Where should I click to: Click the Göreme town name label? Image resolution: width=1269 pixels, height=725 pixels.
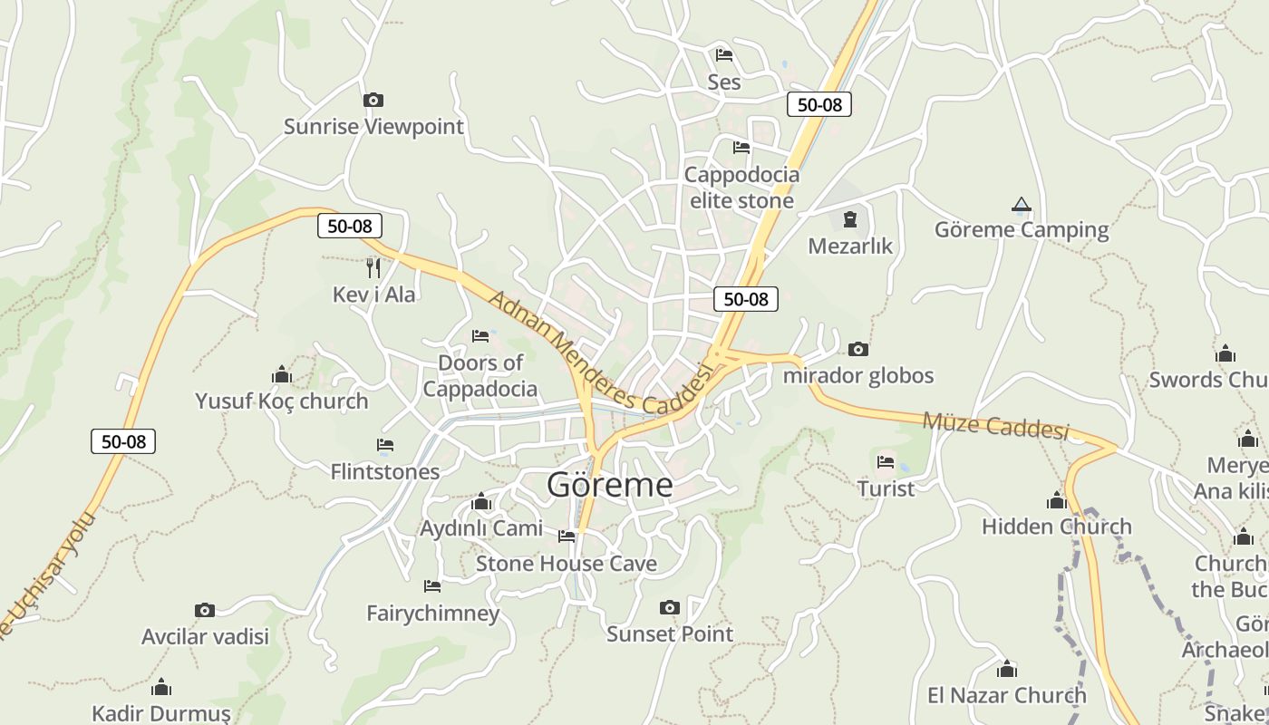pyautogui.click(x=609, y=485)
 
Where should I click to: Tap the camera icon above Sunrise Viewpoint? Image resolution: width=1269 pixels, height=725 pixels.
pyautogui.click(x=373, y=100)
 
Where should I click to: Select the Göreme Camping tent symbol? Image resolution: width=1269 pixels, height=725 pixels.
pyautogui.click(x=1022, y=205)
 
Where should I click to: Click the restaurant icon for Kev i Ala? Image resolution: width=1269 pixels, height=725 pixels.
pyautogui.click(x=373, y=267)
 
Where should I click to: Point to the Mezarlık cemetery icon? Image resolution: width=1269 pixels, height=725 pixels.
pyautogui.click(x=850, y=219)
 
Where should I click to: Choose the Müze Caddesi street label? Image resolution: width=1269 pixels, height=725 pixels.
pyautogui.click(x=995, y=424)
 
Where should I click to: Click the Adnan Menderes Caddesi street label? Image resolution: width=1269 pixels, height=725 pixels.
pyautogui.click(x=600, y=353)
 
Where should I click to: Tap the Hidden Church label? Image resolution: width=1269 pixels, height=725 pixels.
pyautogui.click(x=1057, y=527)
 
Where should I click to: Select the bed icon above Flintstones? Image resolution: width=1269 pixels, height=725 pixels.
pyautogui.click(x=385, y=445)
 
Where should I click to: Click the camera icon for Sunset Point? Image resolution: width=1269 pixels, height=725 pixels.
pyautogui.click(x=670, y=607)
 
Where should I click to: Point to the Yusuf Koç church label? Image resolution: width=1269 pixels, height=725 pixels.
pyautogui.click(x=282, y=401)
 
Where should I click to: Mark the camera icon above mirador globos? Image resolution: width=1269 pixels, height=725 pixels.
pyautogui.click(x=857, y=349)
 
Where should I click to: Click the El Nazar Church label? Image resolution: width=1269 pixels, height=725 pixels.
pyautogui.click(x=1006, y=695)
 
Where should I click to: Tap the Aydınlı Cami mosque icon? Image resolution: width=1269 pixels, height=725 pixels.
pyautogui.click(x=481, y=502)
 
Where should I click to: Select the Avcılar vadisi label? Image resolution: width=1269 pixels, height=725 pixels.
pyautogui.click(x=205, y=636)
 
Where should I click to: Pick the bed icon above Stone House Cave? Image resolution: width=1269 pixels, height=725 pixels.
pyautogui.click(x=567, y=536)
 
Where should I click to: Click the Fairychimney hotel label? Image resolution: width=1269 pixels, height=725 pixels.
pyautogui.click(x=432, y=614)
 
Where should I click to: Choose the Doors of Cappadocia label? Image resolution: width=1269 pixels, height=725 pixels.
pyautogui.click(x=480, y=376)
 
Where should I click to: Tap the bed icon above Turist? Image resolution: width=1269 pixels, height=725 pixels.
pyautogui.click(x=886, y=462)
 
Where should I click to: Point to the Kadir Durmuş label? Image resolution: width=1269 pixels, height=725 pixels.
pyautogui.click(x=161, y=713)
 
